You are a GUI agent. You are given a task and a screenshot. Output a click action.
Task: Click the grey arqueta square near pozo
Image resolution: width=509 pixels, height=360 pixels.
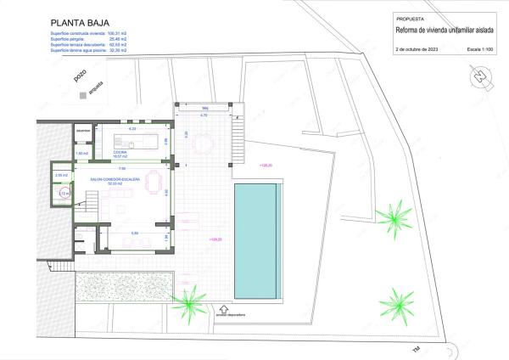point(82,96)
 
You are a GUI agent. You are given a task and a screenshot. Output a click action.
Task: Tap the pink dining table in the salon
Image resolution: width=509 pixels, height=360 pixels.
point(152,180)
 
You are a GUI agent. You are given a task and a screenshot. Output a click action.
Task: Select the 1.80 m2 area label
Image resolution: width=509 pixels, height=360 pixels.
point(82,153)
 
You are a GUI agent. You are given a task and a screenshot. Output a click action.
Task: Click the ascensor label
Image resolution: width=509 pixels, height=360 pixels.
point(82,132)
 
